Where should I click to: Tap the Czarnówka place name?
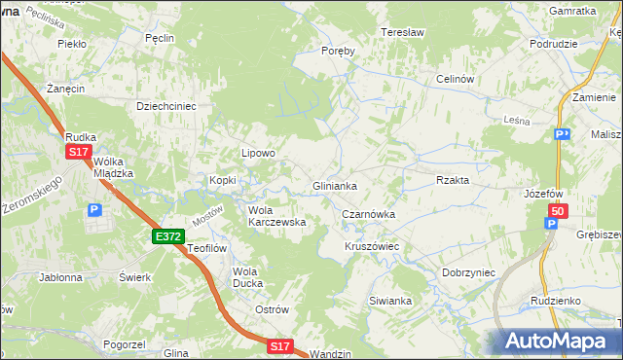point(368,214)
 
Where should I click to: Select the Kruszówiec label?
point(372,247)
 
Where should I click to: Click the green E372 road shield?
point(168,236)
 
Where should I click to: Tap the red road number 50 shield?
point(557,211)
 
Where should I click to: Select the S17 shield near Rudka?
point(79,153)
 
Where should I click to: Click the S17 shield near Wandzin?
point(280,345)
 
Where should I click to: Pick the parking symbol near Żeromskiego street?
point(94,209)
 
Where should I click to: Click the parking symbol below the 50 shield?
point(551,225)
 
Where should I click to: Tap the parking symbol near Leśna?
point(561,134)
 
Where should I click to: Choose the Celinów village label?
point(455,79)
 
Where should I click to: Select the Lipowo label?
point(259,153)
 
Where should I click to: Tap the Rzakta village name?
point(453,180)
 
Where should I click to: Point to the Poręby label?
point(338,51)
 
